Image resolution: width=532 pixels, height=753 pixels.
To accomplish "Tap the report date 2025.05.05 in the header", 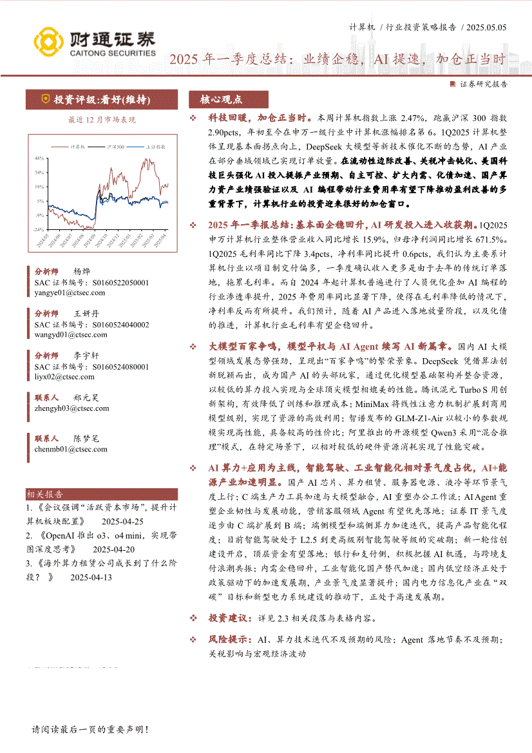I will tap(487, 27).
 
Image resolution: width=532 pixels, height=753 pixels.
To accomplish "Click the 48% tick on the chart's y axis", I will tap(39, 158).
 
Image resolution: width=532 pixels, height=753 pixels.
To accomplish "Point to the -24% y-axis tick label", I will tap(38, 229).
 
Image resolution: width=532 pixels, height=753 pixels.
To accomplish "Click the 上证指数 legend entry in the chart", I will tap(147, 147).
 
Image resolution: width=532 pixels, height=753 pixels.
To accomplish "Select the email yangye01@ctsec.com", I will tap(70, 292).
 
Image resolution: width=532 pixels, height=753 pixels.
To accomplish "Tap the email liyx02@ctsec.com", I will tap(64, 376).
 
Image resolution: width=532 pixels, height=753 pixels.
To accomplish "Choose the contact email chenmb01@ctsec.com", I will tap(71, 449).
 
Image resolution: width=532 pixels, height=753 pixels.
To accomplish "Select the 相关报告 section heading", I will tap(45, 495).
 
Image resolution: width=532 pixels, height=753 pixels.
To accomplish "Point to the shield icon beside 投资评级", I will tap(44, 100).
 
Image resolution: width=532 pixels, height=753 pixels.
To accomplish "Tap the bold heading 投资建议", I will tap(229, 618).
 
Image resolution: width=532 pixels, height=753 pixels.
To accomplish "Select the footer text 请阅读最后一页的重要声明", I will tap(90, 730).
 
